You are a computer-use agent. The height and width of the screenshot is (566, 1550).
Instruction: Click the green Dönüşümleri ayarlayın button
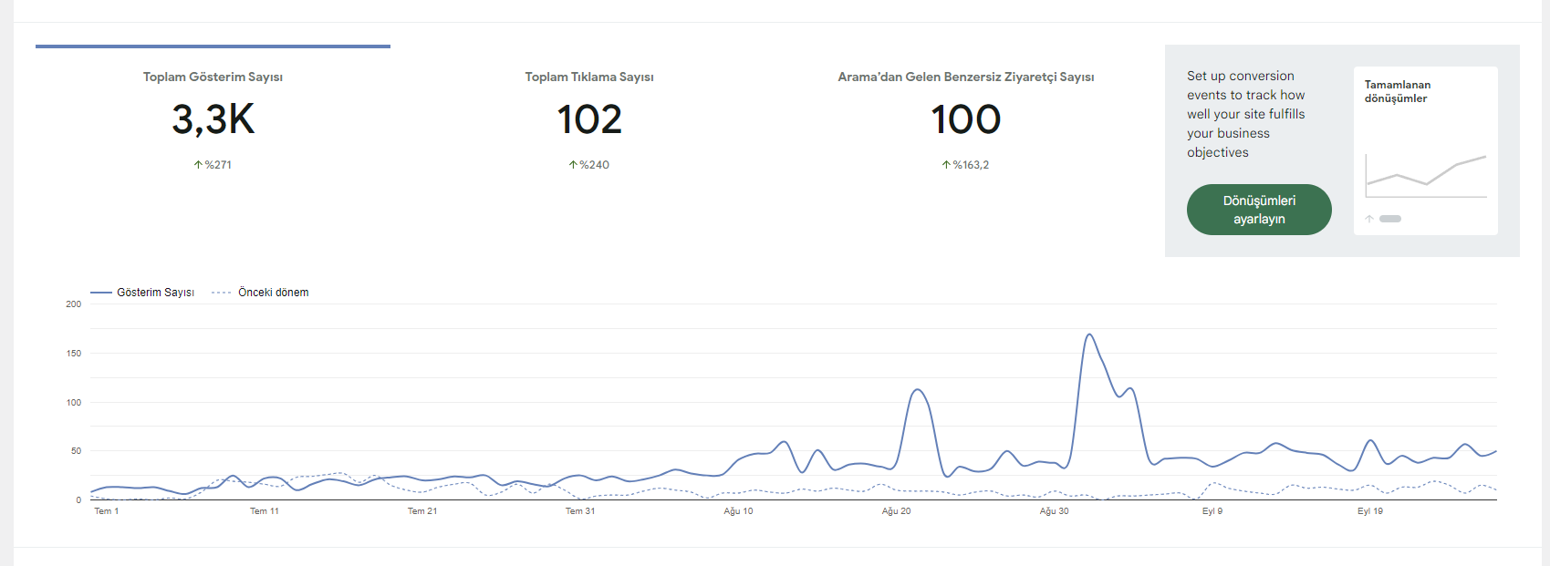(x=1259, y=210)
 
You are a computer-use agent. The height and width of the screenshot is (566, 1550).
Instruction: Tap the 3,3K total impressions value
(x=213, y=118)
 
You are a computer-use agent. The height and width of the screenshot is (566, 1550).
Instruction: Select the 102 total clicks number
(x=588, y=118)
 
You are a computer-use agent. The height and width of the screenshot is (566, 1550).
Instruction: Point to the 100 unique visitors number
(x=965, y=118)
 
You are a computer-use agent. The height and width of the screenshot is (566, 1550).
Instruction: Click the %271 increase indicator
(x=213, y=164)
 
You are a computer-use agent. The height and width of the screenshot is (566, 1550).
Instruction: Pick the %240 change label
(x=588, y=164)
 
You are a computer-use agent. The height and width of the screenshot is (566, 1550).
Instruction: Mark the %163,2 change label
(x=965, y=164)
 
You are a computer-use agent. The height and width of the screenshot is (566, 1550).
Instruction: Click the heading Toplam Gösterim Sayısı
(x=213, y=77)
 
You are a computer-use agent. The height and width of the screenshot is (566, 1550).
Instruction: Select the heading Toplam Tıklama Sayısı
(x=588, y=77)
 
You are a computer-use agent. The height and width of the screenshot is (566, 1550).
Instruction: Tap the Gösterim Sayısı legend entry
(x=142, y=293)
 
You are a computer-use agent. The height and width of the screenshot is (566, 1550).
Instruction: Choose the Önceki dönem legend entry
(x=260, y=293)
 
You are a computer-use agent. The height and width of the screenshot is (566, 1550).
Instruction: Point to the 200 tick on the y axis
(x=73, y=304)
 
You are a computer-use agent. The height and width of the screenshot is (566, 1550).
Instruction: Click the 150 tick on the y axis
(x=73, y=353)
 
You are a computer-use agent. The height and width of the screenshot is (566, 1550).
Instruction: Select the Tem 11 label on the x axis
(x=265, y=510)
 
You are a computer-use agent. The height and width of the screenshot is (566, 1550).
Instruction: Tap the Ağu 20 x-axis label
(x=896, y=510)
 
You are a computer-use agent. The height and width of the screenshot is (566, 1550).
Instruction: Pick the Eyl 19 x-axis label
(x=1370, y=510)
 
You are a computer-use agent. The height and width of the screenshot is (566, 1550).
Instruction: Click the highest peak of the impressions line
(x=1089, y=334)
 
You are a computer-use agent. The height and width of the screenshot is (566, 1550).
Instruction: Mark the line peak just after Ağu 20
(x=918, y=390)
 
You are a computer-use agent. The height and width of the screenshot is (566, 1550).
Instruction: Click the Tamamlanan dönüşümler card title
(x=1398, y=91)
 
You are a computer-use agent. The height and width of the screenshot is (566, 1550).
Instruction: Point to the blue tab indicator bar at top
(x=213, y=46)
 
